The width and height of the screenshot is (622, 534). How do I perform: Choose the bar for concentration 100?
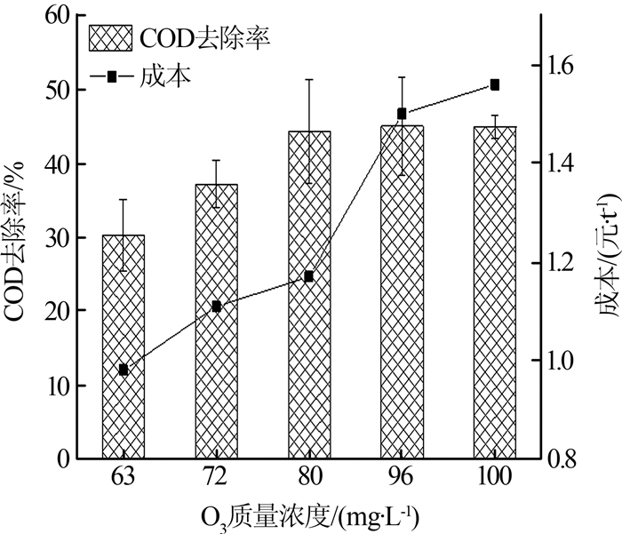494,292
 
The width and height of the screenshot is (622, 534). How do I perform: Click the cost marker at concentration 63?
124,370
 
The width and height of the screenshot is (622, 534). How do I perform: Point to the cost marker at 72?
216,307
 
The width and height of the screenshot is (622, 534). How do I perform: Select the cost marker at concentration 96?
402,114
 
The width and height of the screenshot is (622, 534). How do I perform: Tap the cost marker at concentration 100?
495,85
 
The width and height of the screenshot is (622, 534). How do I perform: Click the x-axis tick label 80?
308,477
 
